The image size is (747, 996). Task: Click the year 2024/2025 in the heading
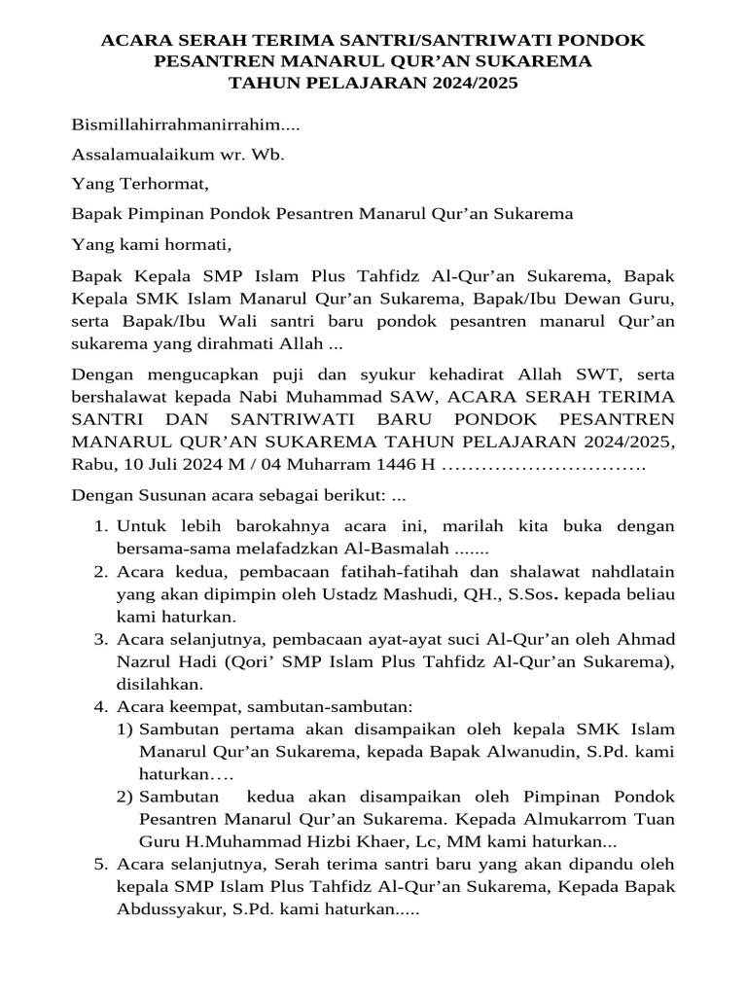[473, 84]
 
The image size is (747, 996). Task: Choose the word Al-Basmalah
[390, 549]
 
